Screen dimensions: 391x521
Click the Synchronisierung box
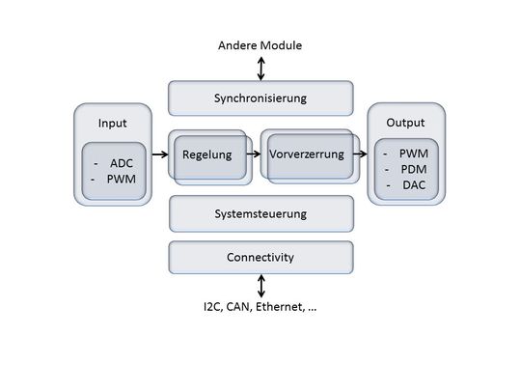(x=260, y=98)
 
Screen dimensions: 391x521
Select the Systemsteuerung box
(x=260, y=213)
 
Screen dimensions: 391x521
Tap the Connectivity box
(x=260, y=258)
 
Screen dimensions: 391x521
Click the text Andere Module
(x=260, y=45)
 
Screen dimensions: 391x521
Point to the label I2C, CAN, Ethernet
(x=260, y=307)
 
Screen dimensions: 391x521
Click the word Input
(x=113, y=124)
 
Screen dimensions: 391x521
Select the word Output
(x=405, y=124)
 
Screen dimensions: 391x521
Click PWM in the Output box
(x=413, y=154)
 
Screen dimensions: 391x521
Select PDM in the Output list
(x=413, y=169)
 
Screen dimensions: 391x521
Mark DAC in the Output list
(x=413, y=184)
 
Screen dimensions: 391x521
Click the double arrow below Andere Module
(x=260, y=68)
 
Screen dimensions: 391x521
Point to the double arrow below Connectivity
(x=260, y=285)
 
